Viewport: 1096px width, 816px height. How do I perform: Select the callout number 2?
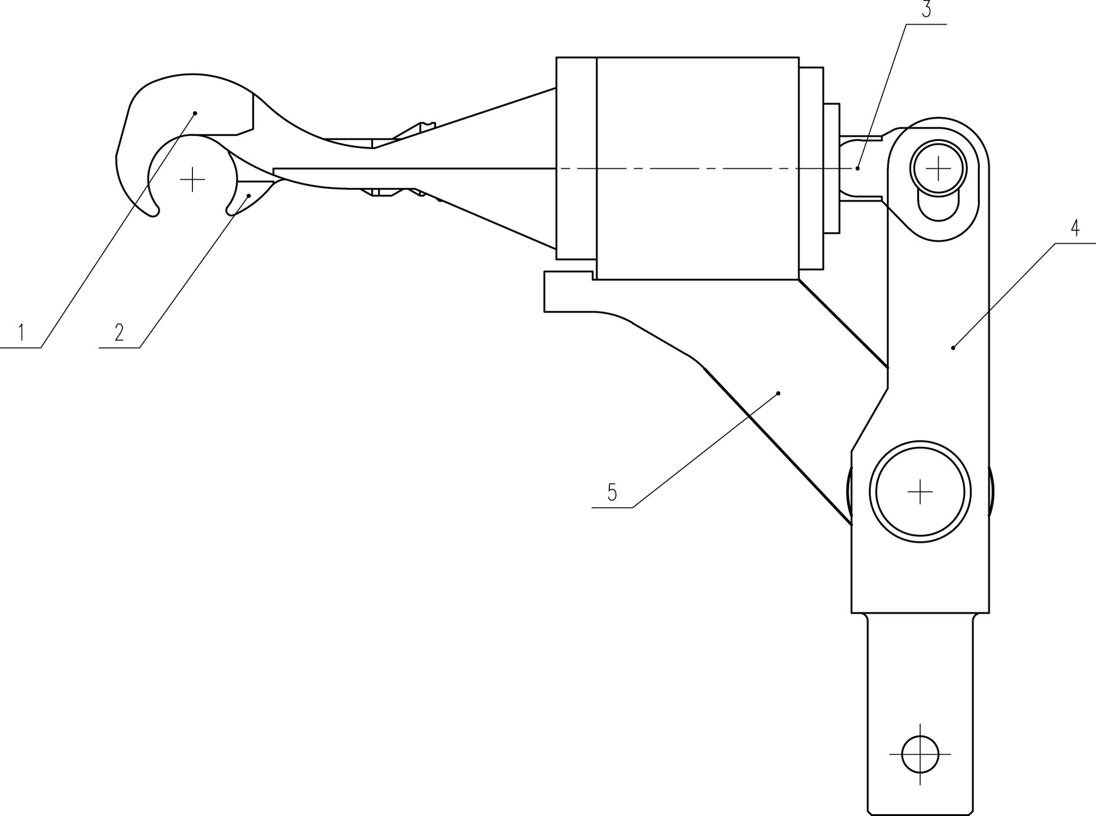pos(119,333)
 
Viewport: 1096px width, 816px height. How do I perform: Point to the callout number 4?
pos(1076,228)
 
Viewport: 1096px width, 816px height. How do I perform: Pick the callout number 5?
pos(612,492)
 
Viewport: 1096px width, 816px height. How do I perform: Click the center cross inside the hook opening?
pos(192,179)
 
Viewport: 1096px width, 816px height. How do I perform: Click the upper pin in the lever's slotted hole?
pos(938,167)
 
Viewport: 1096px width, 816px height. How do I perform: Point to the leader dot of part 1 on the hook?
pos(195,113)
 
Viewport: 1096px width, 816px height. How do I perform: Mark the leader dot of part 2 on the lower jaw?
pos(249,195)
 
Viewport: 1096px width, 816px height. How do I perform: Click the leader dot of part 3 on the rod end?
pos(858,168)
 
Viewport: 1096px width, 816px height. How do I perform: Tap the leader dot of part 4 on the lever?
pos(953,348)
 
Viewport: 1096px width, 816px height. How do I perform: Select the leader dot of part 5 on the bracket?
pos(779,393)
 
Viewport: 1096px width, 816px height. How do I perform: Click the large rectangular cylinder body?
pos(698,168)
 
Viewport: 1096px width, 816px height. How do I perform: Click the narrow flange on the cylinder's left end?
pos(576,158)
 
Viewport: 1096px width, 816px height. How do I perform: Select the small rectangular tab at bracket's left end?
pos(568,291)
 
